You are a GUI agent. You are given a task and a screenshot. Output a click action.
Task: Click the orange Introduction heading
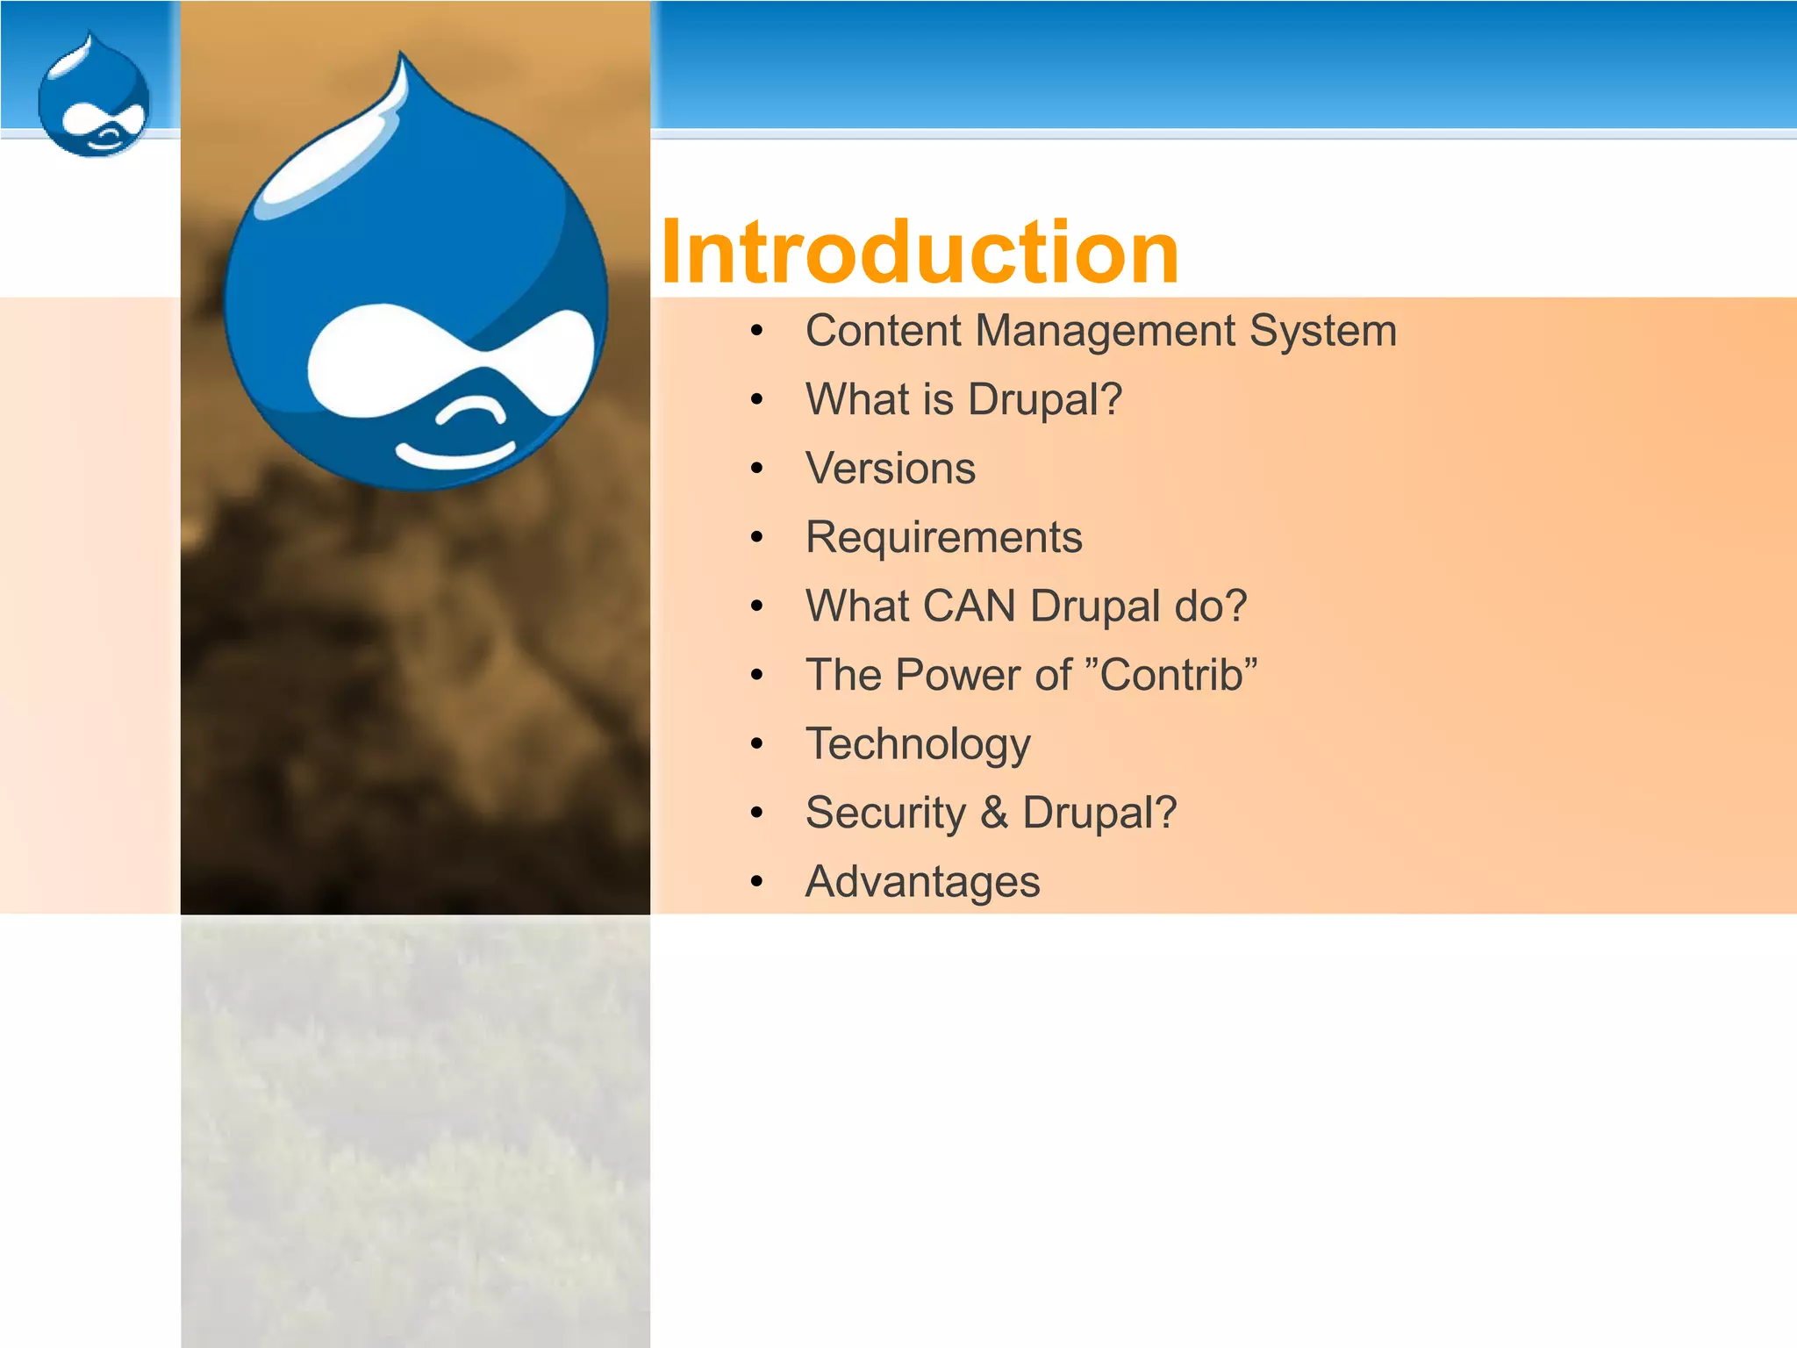tap(920, 253)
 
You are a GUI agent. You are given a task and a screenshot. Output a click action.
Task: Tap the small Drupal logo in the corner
tap(94, 98)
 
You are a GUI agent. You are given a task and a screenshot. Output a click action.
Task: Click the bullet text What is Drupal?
tap(963, 400)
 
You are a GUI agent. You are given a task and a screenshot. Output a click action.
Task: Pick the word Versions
tap(890, 469)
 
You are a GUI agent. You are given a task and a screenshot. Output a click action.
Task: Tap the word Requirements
tap(943, 537)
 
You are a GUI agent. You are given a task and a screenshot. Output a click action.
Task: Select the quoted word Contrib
tap(1171, 675)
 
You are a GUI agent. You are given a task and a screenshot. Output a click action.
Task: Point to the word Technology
tap(918, 744)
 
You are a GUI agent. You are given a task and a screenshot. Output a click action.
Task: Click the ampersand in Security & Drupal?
tap(993, 813)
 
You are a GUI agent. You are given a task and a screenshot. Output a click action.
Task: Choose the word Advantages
tap(922, 881)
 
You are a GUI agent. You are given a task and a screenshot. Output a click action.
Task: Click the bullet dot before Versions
tap(757, 469)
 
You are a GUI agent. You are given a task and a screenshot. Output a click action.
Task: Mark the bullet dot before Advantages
tap(757, 882)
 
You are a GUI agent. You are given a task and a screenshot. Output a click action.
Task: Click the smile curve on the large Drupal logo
tap(454, 456)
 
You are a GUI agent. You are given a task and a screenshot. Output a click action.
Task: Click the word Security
tap(884, 813)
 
